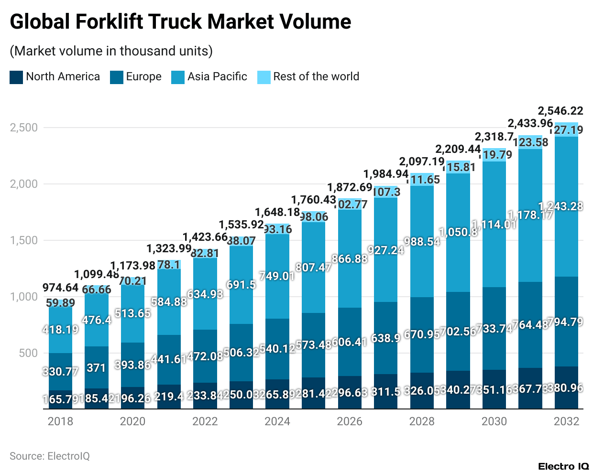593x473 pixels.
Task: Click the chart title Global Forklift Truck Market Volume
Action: pos(180,22)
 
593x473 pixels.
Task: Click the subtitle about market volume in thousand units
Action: pos(111,51)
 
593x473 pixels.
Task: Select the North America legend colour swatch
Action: pos(16,77)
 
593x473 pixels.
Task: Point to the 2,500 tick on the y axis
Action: pos(23,128)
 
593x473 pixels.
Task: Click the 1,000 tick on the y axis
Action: pos(23,297)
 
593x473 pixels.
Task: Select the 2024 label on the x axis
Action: pos(277,421)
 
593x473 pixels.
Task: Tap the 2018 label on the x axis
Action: pos(60,421)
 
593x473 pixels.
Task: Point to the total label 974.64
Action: pos(60,288)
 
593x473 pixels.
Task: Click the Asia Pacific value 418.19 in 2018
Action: pos(60,330)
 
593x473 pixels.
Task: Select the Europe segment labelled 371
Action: pos(96,368)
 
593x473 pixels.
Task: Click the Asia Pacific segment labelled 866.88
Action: pos(350,259)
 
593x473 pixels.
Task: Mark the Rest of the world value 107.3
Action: pos(386,192)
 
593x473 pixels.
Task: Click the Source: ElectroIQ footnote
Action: pos(50,456)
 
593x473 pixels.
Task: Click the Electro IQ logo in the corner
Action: pos(563,466)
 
